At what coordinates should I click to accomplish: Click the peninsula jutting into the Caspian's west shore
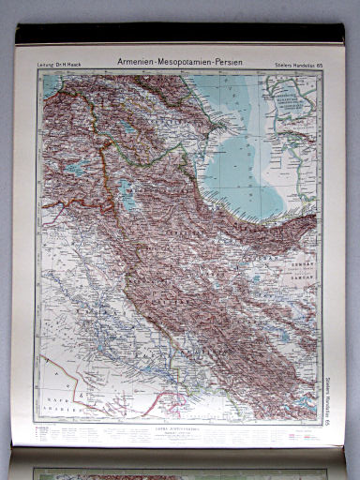217,123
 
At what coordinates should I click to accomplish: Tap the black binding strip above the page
178,34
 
